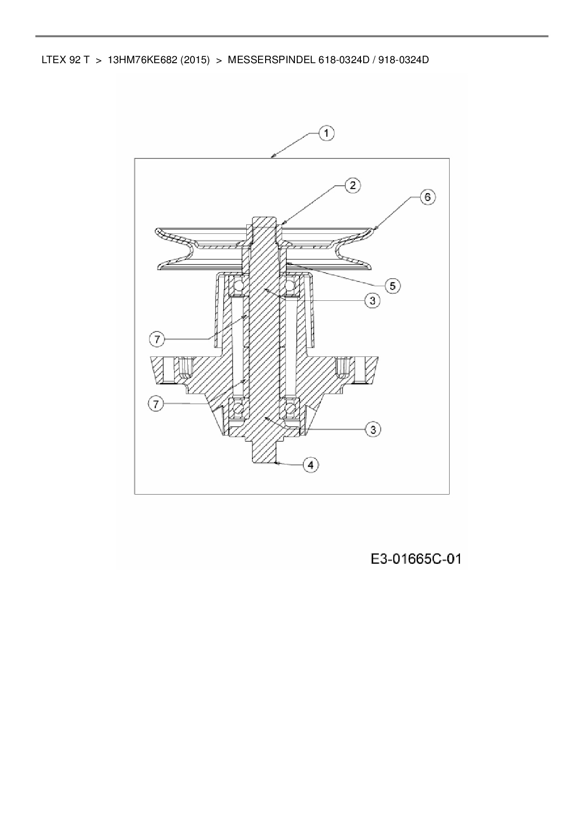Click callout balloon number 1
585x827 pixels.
click(x=326, y=133)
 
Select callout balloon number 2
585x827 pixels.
click(x=352, y=185)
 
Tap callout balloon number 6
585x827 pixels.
click(x=427, y=197)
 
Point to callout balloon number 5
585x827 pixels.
click(x=393, y=285)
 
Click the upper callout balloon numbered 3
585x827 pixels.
click(x=372, y=300)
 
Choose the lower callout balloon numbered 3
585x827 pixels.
click(x=373, y=429)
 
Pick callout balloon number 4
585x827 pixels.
click(x=310, y=464)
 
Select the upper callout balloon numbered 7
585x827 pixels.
click(x=157, y=339)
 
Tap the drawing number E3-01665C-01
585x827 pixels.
click(x=415, y=559)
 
